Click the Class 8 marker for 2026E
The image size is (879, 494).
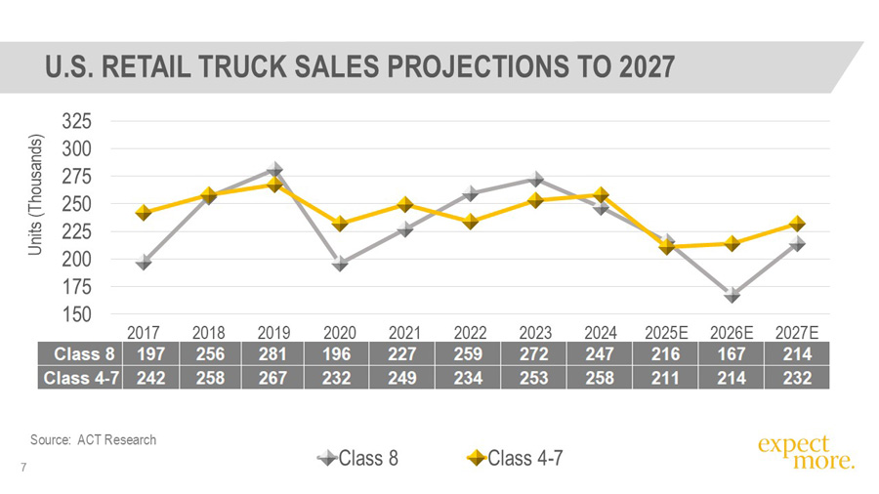tap(732, 295)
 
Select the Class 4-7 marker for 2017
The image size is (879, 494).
tap(144, 212)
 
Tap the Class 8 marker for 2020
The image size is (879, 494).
tap(340, 263)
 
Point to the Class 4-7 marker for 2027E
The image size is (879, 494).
tap(797, 224)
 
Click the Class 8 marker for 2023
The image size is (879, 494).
tap(536, 179)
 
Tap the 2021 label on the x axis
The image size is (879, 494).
tap(405, 331)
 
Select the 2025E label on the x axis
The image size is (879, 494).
tap(667, 331)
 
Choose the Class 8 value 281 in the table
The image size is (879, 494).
tap(274, 354)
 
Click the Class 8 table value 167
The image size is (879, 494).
tap(732, 354)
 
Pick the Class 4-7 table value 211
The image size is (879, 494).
tap(667, 377)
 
